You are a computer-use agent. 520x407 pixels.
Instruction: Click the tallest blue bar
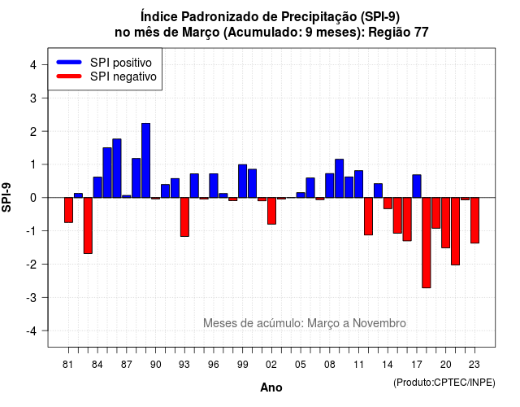[x=146, y=160]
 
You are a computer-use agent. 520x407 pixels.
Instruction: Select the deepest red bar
[x=427, y=243]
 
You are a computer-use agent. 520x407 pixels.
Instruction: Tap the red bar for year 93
[x=184, y=217]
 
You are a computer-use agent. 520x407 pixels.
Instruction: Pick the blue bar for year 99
[x=243, y=181]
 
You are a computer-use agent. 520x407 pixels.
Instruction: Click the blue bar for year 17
[x=417, y=186]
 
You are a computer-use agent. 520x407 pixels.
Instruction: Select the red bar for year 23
[x=474, y=221]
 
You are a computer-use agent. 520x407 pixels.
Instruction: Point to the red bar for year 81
[x=68, y=210]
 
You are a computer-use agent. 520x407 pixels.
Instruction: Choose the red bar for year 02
[x=271, y=211]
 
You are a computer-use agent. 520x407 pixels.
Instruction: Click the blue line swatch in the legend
[x=69, y=62]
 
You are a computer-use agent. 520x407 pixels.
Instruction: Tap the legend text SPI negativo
[x=123, y=77]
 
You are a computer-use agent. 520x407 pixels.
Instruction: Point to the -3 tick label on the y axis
[x=32, y=298]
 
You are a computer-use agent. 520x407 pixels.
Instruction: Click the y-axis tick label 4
[x=33, y=65]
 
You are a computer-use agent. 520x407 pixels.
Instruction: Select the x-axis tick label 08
[x=330, y=365]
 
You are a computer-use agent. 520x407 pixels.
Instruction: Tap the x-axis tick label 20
[x=446, y=365]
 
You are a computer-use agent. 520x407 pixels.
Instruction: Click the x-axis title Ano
[x=271, y=387]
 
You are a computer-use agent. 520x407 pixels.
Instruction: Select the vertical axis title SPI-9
[x=6, y=197]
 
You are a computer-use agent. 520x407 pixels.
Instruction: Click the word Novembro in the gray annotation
[x=379, y=323]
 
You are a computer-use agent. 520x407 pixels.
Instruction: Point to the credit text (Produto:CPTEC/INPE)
[x=444, y=383]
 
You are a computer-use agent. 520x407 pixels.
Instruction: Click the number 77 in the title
[x=421, y=33]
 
